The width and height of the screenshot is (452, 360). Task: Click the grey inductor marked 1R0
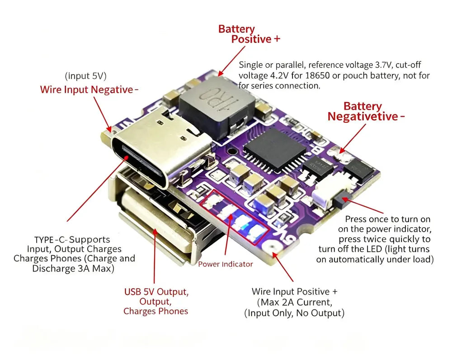click(217, 107)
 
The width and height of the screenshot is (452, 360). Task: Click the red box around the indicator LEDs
click(235, 217)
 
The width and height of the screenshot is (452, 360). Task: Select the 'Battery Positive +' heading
click(249, 34)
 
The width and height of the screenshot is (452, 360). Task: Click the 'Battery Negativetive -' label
click(366, 112)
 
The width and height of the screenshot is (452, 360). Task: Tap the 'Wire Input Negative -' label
click(89, 89)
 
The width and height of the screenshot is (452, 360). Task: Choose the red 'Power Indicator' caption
click(226, 264)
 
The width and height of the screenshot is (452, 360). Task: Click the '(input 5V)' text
click(85, 76)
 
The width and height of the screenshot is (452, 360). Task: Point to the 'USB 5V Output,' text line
click(156, 292)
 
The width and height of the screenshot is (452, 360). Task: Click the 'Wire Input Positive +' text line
click(294, 291)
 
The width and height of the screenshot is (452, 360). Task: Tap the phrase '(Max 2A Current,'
click(294, 302)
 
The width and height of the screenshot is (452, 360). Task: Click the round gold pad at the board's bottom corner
click(272, 246)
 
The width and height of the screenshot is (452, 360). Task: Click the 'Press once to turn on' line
click(388, 219)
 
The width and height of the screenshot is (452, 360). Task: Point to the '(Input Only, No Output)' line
click(294, 313)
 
